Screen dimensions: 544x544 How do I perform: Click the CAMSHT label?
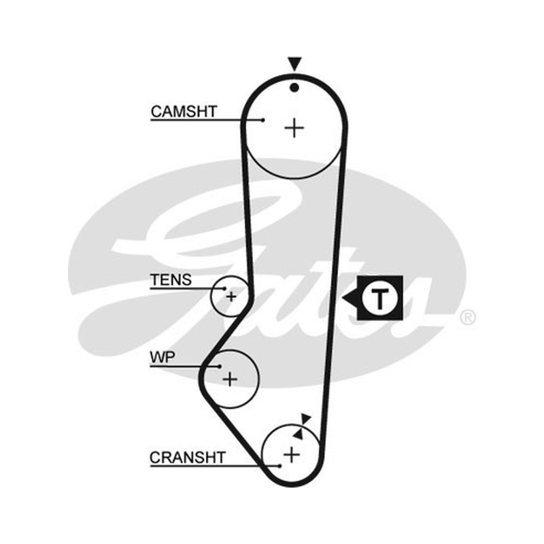(x=184, y=112)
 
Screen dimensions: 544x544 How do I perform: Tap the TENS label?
(x=171, y=279)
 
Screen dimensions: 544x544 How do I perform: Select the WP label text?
(x=163, y=357)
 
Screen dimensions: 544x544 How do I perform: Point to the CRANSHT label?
(x=188, y=457)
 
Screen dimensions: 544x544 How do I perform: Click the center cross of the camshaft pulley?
(x=294, y=128)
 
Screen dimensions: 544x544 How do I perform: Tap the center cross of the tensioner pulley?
(x=231, y=296)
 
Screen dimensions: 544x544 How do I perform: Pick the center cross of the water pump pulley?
(x=230, y=379)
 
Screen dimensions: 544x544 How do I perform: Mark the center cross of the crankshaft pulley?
(x=292, y=454)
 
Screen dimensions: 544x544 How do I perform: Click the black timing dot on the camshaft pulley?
(x=294, y=88)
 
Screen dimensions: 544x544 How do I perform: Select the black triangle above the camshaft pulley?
(x=294, y=63)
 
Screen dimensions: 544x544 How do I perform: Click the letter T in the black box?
(x=380, y=298)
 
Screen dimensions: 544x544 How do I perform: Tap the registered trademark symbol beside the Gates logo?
(x=467, y=318)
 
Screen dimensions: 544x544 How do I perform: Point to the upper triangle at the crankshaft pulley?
(x=306, y=419)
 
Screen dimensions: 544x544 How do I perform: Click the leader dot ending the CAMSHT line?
(x=263, y=120)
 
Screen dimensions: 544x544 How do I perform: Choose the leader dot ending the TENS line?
(x=225, y=288)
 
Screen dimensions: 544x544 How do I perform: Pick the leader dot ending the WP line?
(x=220, y=366)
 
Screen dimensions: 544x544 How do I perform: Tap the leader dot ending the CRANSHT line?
(x=279, y=466)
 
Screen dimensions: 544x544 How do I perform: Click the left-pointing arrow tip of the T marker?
(x=343, y=298)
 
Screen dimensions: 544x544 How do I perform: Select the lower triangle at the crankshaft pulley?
(x=299, y=433)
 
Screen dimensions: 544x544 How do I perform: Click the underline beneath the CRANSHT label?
(x=215, y=466)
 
